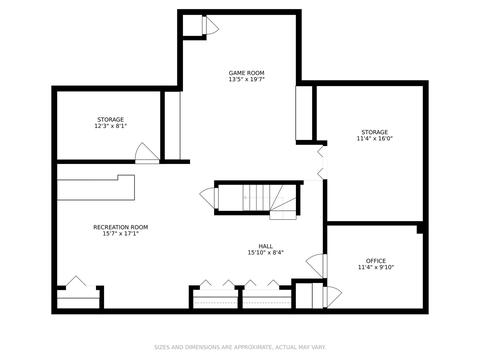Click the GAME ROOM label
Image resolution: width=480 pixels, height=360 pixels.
[x=246, y=73]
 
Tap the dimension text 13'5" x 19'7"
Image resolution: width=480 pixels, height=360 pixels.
[x=246, y=79]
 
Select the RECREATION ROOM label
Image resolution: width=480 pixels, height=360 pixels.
[x=121, y=227]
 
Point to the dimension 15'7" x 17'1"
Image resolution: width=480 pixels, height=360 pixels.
[x=121, y=234]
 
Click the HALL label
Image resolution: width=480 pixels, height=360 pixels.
[x=265, y=246]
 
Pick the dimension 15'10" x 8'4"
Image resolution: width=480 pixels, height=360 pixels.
[x=265, y=253]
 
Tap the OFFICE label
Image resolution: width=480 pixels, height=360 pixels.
[x=376, y=261]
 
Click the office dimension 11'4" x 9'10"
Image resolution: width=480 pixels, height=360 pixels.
[x=376, y=267]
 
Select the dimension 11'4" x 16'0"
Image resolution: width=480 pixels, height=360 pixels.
[x=375, y=139]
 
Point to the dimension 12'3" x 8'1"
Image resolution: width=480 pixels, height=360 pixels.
[x=111, y=126]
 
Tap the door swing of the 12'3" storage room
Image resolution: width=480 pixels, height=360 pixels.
[x=147, y=153]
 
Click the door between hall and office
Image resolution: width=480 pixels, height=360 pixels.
[x=317, y=265]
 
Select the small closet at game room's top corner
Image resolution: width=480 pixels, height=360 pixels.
[x=193, y=25]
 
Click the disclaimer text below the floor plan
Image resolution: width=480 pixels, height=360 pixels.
[x=240, y=347]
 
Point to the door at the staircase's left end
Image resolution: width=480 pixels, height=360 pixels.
[x=209, y=198]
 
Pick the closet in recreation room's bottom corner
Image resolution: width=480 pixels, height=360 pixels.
[x=78, y=297]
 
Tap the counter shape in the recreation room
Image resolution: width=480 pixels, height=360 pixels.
[x=96, y=188]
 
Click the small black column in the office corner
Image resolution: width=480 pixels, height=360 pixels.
[x=420, y=229]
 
